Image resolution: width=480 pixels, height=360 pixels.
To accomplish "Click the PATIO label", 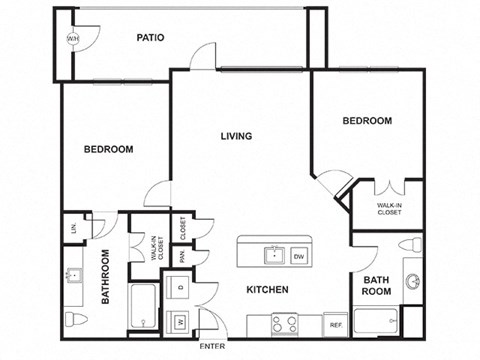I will [150, 38].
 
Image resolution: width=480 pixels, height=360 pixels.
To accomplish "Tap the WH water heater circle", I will [73, 39].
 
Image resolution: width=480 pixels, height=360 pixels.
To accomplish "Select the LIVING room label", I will [236, 136].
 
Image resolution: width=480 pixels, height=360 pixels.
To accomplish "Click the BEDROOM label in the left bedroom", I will [108, 149].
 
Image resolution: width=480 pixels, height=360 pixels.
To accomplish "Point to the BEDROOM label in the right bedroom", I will [367, 121].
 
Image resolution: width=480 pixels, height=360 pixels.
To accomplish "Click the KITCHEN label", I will [267, 290].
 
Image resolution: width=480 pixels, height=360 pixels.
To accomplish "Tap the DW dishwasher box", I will [299, 257].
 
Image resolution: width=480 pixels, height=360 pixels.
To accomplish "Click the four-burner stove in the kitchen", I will [283, 323].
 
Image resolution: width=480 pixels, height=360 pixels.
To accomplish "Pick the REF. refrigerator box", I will [336, 325].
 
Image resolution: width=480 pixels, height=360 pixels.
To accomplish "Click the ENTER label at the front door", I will [212, 346].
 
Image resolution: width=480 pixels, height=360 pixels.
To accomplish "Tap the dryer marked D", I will [179, 290].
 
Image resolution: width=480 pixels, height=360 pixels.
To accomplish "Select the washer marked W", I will [179, 321].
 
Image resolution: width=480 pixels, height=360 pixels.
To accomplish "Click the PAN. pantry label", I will [182, 256].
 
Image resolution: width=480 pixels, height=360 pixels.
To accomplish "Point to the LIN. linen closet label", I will [72, 228].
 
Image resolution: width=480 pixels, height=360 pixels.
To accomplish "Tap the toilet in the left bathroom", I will [76, 320].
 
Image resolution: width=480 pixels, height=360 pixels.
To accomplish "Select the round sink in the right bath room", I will [412, 282].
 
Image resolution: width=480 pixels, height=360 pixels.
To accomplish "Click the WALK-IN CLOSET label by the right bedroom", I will [389, 209].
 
